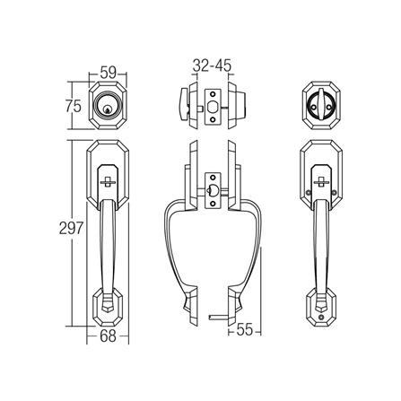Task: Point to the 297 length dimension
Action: coord(73,230)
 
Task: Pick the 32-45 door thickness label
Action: coord(213,65)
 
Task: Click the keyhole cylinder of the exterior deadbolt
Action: coord(110,106)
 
